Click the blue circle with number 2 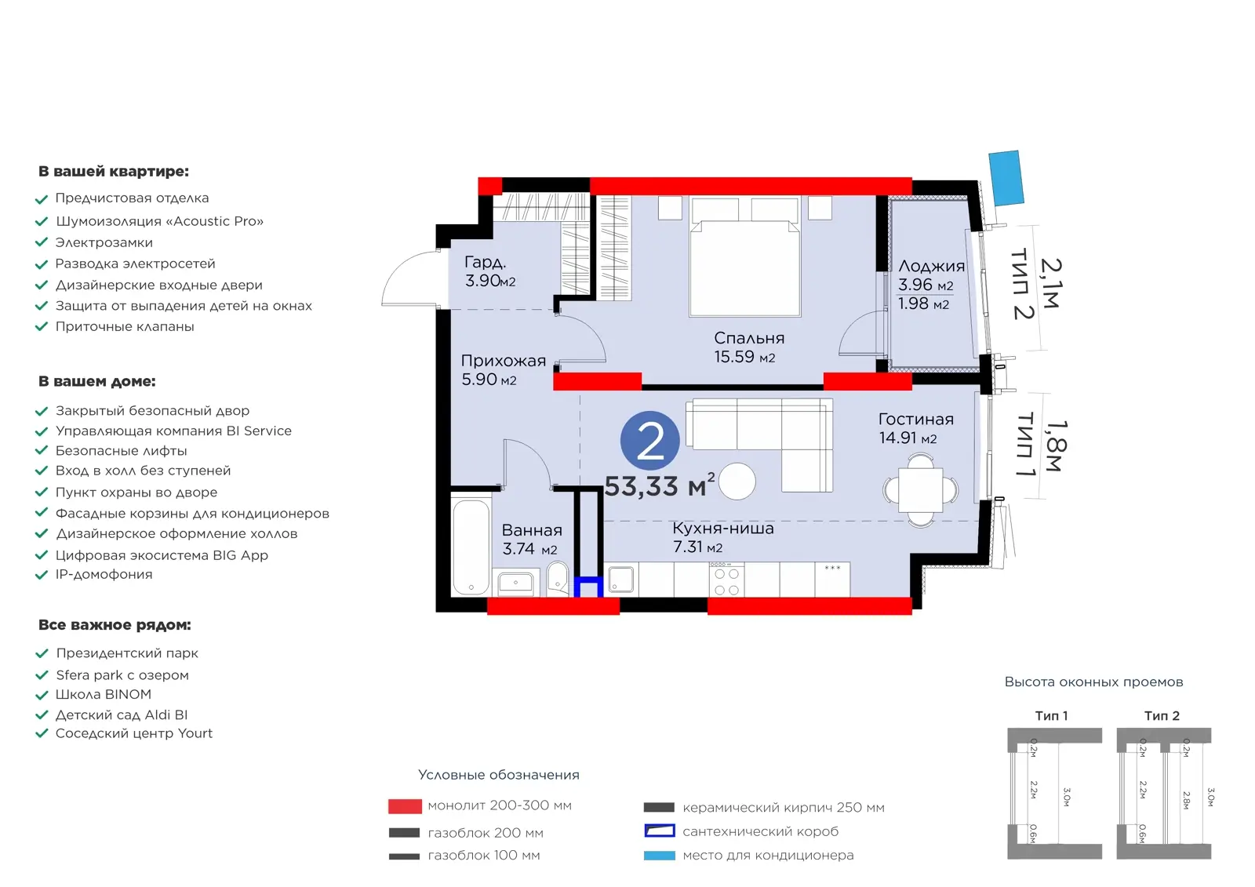[650, 441]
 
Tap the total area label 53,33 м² [660, 485]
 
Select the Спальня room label [749, 338]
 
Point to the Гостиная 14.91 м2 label [915, 428]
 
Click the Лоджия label [931, 266]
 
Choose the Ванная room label [532, 530]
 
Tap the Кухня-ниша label [722, 528]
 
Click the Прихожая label [503, 361]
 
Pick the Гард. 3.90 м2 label [490, 271]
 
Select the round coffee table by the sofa [737, 481]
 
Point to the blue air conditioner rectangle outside [1006, 177]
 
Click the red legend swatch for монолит [405, 806]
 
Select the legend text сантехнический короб [760, 831]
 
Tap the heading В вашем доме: [97, 381]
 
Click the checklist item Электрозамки [104, 242]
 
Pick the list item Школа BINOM [103, 694]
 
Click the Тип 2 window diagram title [1162, 715]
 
